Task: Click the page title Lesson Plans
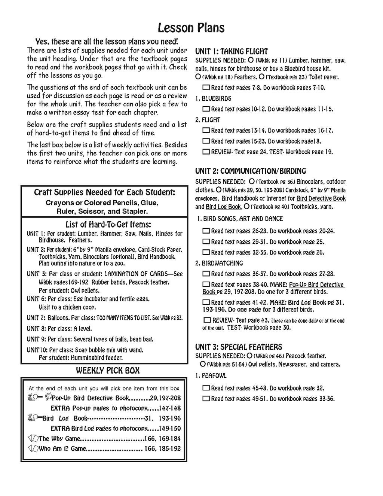(191, 28)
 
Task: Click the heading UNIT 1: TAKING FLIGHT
(232, 52)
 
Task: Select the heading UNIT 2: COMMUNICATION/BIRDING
(251, 171)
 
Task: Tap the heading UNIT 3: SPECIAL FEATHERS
(239, 347)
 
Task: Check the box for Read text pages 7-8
(206, 88)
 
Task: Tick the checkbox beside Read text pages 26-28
(206, 231)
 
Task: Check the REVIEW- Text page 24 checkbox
(206, 152)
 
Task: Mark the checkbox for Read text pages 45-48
(206, 388)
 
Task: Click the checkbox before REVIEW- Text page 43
(207, 320)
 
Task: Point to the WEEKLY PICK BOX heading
(108, 371)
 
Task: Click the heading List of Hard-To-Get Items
(108, 225)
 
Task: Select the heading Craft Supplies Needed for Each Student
(104, 192)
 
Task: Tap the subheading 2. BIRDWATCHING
(219, 264)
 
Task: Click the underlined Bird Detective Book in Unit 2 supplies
(321, 199)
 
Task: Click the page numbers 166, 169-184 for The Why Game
(162, 439)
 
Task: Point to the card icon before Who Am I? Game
(33, 448)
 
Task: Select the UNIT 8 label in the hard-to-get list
(36, 329)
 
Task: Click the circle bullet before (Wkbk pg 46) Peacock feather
(249, 356)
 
